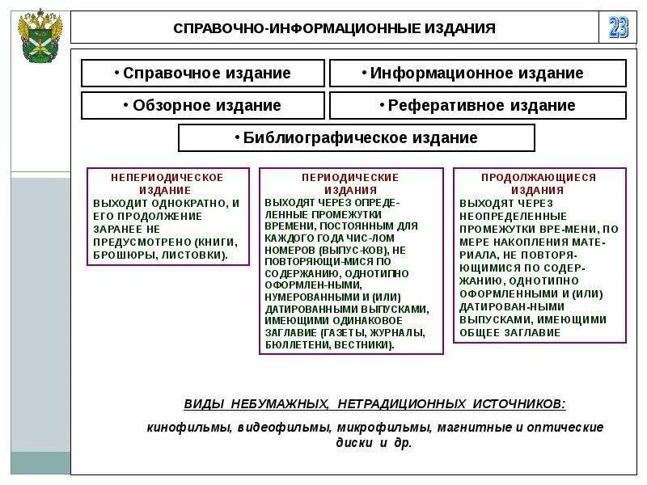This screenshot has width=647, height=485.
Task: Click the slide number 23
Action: [x=618, y=27]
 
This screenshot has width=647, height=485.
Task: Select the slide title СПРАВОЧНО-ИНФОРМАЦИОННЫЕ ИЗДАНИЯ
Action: [x=334, y=29]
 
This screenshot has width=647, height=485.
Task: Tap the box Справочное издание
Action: [x=203, y=74]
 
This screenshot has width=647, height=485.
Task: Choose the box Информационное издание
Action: [x=477, y=74]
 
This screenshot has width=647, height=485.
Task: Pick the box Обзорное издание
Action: [x=203, y=105]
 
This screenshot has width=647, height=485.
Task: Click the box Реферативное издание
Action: [x=477, y=105]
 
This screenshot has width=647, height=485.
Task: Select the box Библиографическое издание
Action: [x=357, y=137]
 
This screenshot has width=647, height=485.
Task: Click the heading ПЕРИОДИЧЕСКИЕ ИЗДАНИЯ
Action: [x=350, y=183]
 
